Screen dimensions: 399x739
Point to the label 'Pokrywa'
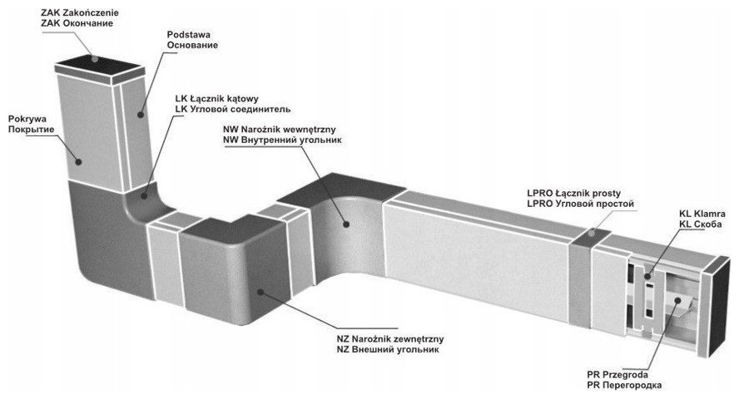[x=25, y=120]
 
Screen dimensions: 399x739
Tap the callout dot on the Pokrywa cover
[x=80, y=159]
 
